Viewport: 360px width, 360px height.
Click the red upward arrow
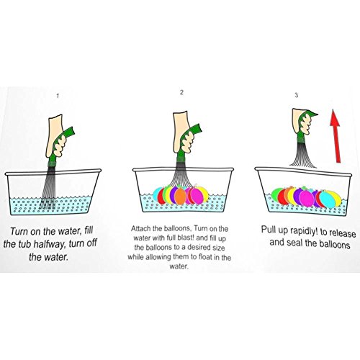(336, 136)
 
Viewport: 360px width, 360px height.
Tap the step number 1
(58, 96)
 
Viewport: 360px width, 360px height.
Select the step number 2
(181, 92)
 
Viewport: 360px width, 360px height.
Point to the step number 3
(297, 95)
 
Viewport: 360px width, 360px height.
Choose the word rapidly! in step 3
(304, 231)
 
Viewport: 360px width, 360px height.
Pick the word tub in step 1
(24, 244)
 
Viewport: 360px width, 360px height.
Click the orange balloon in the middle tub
(180, 197)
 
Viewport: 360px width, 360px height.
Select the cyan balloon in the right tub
(328, 199)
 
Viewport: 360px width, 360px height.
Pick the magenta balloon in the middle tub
(197, 195)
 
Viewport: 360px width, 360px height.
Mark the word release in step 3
(343, 233)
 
